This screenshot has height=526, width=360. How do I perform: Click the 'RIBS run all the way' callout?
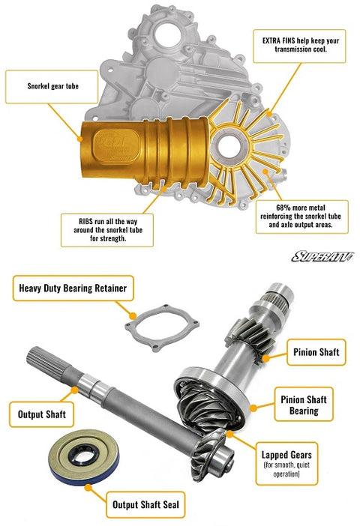[107, 229]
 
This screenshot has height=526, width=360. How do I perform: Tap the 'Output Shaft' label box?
[41, 413]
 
